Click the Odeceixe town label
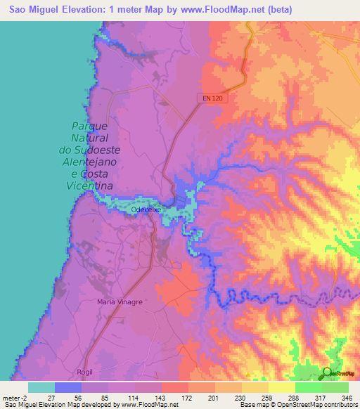[147, 209]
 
